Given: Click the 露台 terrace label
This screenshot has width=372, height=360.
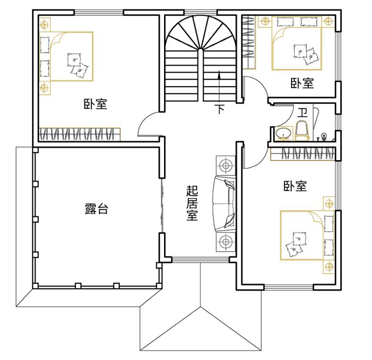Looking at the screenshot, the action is [96, 209].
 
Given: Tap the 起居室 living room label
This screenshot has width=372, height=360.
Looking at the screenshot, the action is [192, 203].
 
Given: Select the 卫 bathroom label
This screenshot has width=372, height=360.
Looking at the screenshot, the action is [303, 113].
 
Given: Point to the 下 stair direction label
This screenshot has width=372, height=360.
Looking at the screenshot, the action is [220, 109].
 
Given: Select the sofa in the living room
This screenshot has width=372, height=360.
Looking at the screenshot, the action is [224, 204].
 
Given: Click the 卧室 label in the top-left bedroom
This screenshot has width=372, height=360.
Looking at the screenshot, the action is [95, 104].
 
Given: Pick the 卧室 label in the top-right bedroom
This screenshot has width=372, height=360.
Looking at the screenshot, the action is [302, 83].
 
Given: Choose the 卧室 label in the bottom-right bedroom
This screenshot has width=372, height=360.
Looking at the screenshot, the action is [295, 186].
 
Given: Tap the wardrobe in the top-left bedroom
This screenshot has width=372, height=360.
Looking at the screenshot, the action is [80, 134].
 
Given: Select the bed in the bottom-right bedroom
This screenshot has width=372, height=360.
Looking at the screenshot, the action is [307, 235].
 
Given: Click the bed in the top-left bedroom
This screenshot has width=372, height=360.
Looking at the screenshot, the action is [66, 57].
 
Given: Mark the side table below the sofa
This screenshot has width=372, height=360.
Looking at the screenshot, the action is [226, 242].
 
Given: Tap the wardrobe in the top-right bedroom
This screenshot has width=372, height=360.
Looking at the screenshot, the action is [249, 42].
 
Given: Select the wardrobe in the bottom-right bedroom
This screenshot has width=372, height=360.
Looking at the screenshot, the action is [303, 154].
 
